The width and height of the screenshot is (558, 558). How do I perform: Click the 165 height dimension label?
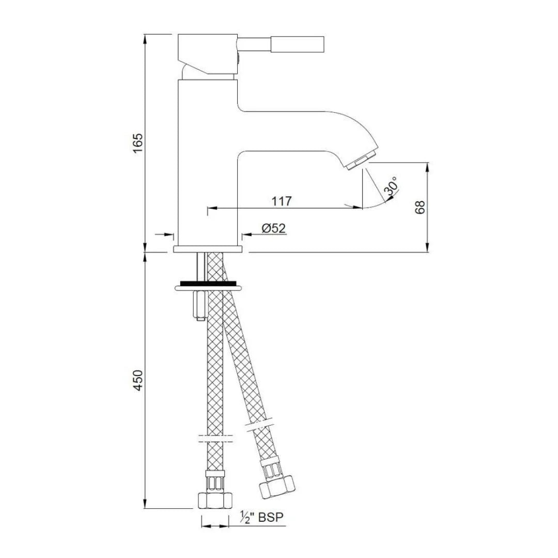tap(137, 143)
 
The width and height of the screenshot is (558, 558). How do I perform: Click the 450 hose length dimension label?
tap(137, 380)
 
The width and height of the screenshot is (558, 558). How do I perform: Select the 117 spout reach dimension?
tap(282, 201)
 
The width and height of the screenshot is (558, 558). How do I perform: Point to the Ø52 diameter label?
tap(273, 228)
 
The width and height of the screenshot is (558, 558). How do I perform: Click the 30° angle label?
tap(391, 187)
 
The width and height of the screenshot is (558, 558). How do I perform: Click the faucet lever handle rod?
tap(282, 43)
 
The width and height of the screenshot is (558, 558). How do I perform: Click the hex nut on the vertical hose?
tap(215, 500)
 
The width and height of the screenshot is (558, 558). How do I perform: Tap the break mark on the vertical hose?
tap(215, 439)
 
